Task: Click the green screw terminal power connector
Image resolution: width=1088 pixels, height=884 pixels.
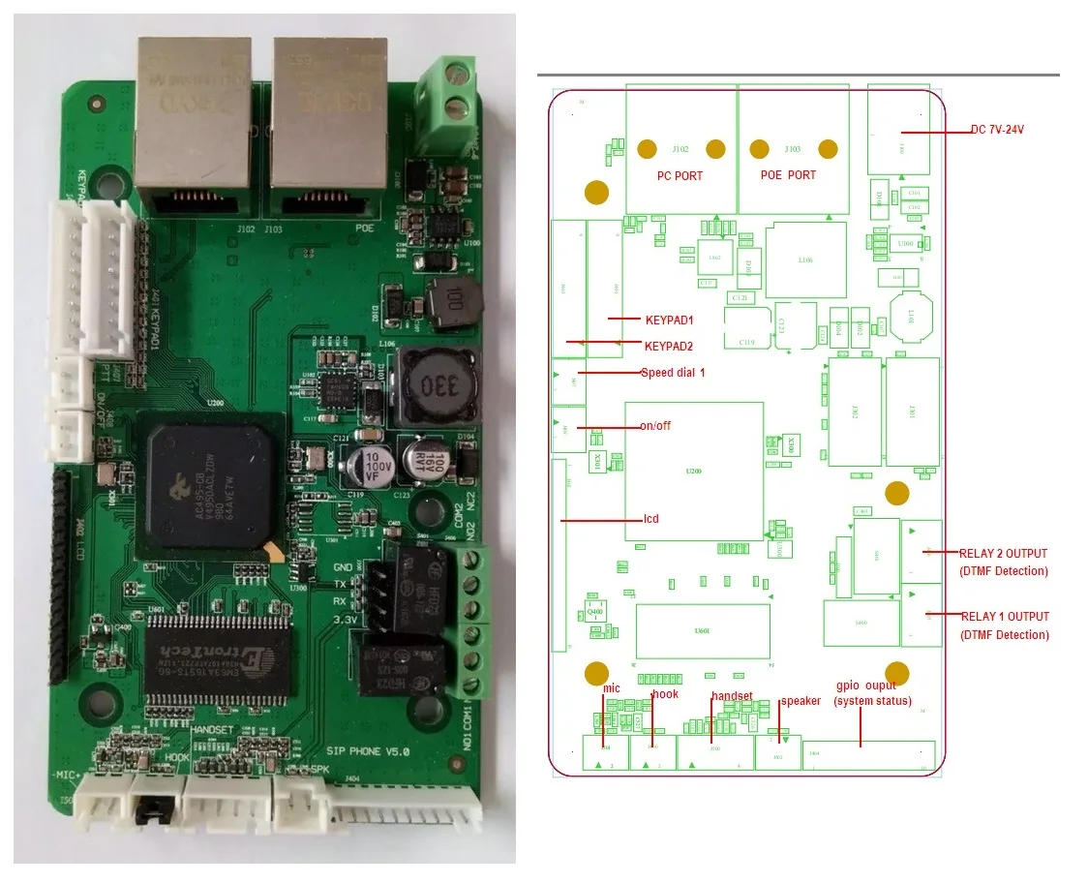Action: click(446, 95)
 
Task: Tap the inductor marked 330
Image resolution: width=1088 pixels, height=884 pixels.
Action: click(435, 387)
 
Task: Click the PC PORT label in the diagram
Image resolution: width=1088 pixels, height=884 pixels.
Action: click(680, 175)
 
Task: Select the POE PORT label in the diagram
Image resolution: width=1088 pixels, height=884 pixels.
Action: click(788, 175)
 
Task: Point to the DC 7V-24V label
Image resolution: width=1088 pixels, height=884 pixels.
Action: click(997, 129)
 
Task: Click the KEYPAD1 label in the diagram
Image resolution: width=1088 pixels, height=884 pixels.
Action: click(670, 319)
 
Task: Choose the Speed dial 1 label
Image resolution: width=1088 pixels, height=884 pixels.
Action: click(673, 372)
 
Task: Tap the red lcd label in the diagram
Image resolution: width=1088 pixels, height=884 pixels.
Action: click(651, 519)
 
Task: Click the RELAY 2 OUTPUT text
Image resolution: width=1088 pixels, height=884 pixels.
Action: click(1003, 553)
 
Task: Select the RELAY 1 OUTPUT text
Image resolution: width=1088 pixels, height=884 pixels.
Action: click(1005, 616)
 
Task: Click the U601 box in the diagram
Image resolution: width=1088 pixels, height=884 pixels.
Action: click(703, 630)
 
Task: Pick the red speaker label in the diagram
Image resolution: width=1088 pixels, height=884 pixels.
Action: click(801, 700)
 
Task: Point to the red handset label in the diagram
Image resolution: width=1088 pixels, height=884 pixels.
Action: click(732, 696)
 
